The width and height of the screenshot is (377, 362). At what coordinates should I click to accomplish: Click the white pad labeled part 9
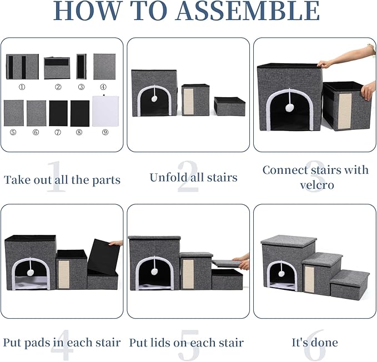(x=105, y=110)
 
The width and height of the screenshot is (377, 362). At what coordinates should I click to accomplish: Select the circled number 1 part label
(x=22, y=86)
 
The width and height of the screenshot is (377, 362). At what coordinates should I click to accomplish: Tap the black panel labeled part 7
(x=58, y=113)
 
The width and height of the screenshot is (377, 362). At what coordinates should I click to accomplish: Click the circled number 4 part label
(x=104, y=86)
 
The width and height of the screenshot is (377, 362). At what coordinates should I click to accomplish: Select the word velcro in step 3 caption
(x=315, y=184)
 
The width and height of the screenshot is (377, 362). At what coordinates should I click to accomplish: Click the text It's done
(x=314, y=343)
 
